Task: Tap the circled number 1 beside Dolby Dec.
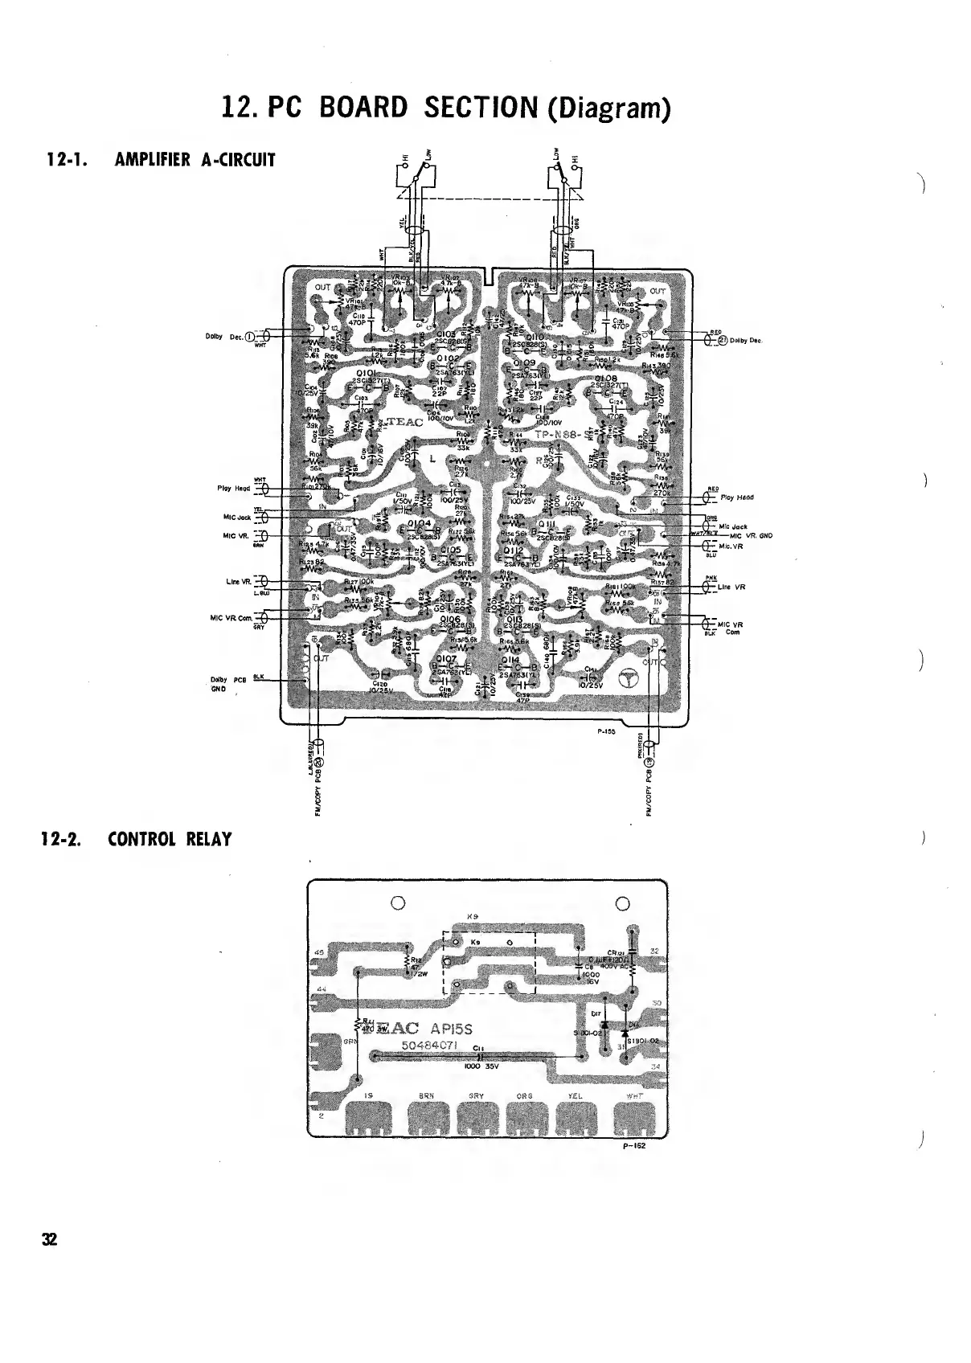coord(249,337)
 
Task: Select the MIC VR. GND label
coord(751,535)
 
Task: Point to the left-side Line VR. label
coord(239,582)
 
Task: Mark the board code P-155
coord(606,732)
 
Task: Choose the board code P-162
coord(633,1147)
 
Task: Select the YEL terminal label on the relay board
coord(574,1095)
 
